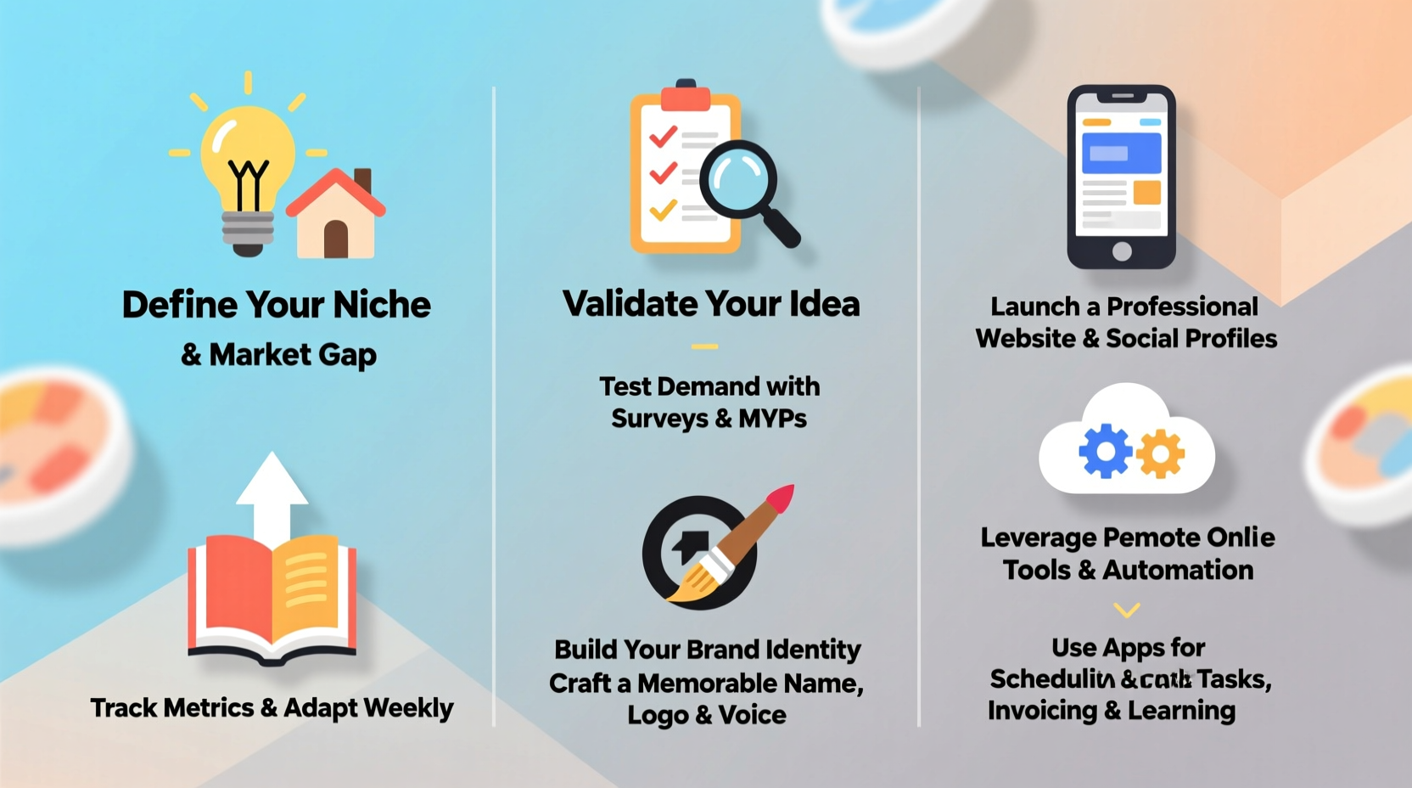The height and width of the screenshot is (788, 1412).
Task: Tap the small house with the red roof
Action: [x=336, y=216]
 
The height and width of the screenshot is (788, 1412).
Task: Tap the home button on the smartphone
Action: [x=1122, y=250]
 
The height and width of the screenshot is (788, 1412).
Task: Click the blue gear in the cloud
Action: [x=1105, y=451]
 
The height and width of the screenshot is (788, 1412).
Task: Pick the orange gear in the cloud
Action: [x=1161, y=454]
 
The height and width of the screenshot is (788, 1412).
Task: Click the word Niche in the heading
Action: [x=382, y=305]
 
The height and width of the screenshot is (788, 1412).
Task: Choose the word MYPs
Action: [x=772, y=419]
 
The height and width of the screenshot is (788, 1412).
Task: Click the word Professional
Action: [x=1182, y=307]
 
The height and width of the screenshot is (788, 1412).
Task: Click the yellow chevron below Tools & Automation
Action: [x=1126, y=610]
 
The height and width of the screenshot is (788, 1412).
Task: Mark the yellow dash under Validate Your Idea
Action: [x=704, y=346]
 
